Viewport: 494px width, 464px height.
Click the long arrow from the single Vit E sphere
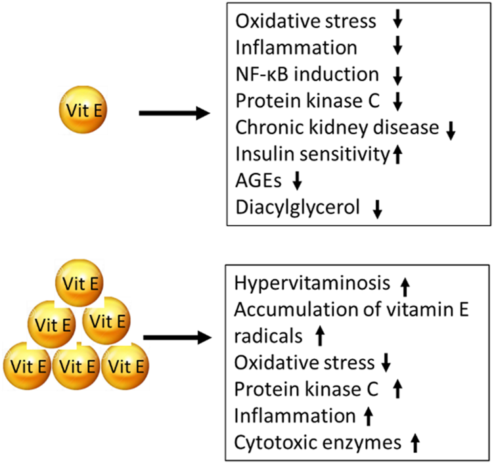point(174,113)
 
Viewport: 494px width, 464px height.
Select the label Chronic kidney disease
point(336,127)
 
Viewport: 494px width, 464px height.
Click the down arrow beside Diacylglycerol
point(377,209)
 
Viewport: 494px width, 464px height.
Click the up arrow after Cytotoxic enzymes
point(415,444)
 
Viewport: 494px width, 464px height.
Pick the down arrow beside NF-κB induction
point(397,76)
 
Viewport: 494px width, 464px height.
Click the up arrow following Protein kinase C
point(396,390)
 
